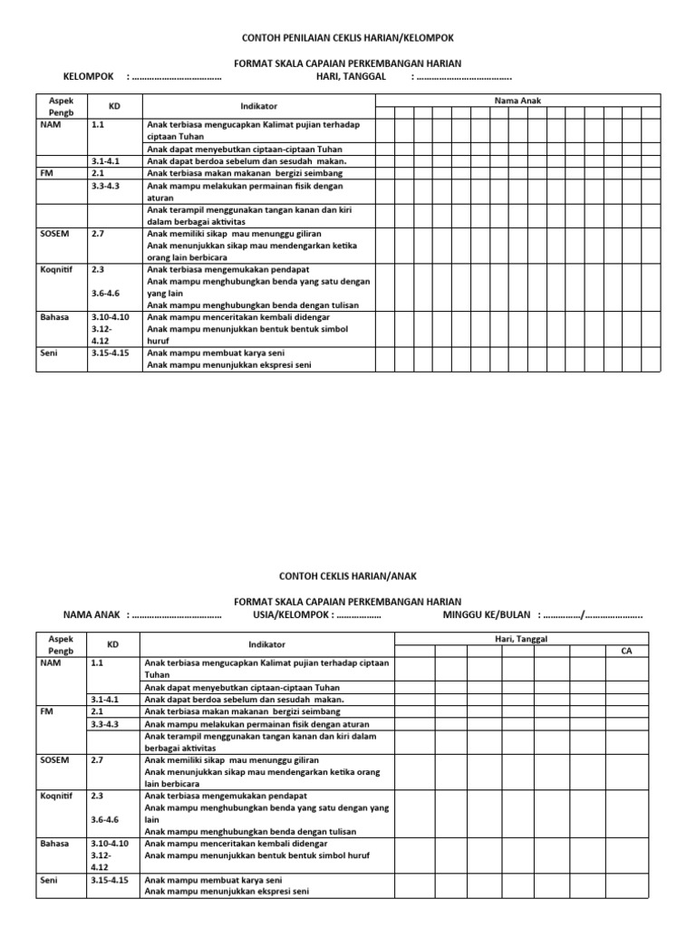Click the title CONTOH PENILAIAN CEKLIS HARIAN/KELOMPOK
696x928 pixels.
(x=347, y=37)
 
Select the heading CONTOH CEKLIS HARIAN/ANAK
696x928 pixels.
(x=347, y=575)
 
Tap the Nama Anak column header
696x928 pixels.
(x=517, y=101)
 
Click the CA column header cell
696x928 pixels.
(x=626, y=651)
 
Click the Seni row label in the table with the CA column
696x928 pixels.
(x=49, y=879)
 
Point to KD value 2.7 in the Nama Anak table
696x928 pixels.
(x=99, y=233)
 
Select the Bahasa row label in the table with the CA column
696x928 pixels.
(x=53, y=843)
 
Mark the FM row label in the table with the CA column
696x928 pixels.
(x=47, y=712)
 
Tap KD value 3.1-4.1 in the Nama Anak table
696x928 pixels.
(x=106, y=160)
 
